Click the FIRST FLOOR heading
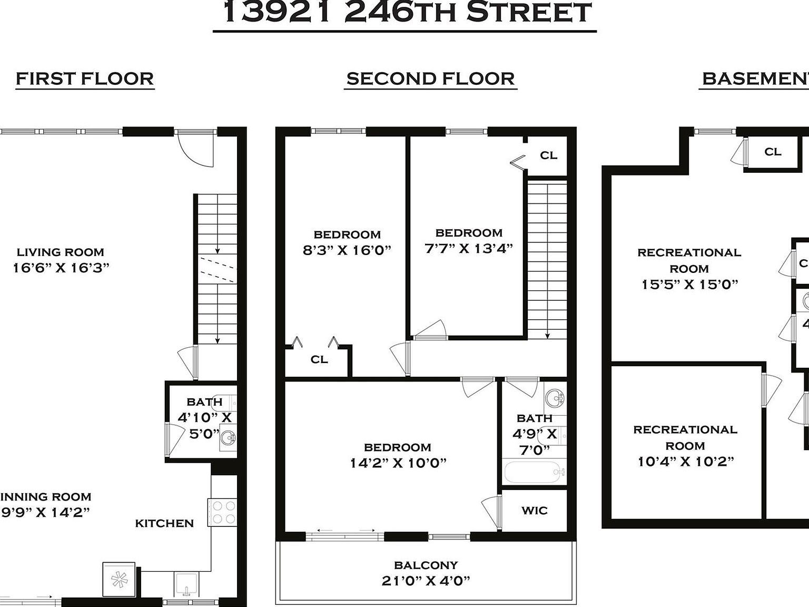pyautogui.click(x=85, y=79)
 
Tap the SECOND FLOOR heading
pyautogui.click(x=430, y=79)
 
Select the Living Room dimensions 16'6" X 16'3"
pyautogui.click(x=61, y=268)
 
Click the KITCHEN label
pyautogui.click(x=164, y=523)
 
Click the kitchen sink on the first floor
pyautogui.click(x=186, y=583)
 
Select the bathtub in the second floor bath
pyautogui.click(x=534, y=472)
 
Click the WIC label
pyautogui.click(x=534, y=510)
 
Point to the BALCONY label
pyautogui.click(x=426, y=565)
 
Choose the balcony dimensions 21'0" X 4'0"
pyautogui.click(x=426, y=581)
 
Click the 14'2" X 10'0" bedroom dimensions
pyautogui.click(x=398, y=463)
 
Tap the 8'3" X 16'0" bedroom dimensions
pyautogui.click(x=347, y=250)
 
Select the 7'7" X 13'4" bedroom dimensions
pyautogui.click(x=469, y=248)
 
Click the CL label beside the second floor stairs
pyautogui.click(x=548, y=155)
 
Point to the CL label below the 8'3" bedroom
pyautogui.click(x=319, y=359)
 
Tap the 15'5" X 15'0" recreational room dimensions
pyautogui.click(x=689, y=285)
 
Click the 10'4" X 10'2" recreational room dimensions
pyautogui.click(x=685, y=462)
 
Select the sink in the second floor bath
pyautogui.click(x=554, y=398)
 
